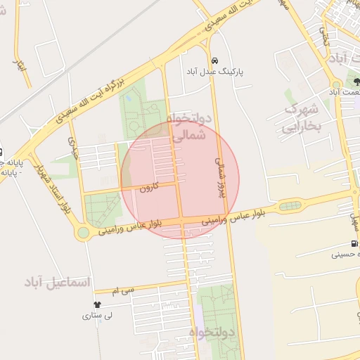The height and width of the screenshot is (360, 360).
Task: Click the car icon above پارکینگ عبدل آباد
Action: (214, 60)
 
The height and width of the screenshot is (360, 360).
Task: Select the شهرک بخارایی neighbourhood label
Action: (302, 117)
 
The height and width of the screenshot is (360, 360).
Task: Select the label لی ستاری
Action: (98, 316)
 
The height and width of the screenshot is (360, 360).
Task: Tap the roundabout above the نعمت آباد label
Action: (335, 84)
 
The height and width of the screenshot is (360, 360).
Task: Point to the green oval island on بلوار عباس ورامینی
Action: (289, 206)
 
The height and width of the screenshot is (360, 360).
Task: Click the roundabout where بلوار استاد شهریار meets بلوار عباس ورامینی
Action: (83, 233)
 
